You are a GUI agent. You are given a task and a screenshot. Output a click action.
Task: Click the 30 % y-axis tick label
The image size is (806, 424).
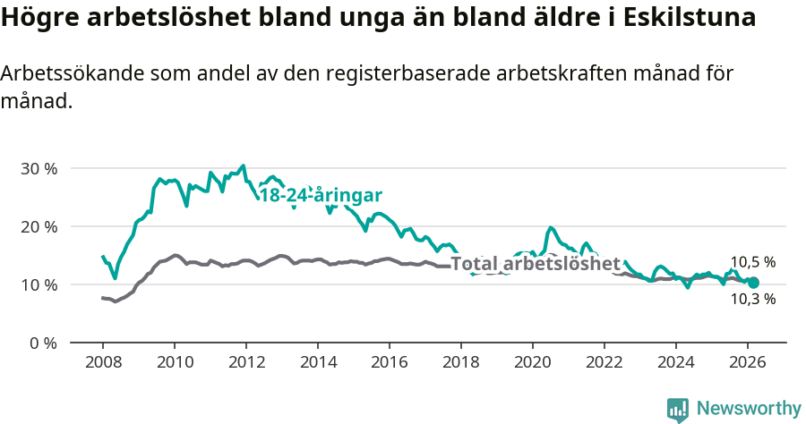click(x=38, y=168)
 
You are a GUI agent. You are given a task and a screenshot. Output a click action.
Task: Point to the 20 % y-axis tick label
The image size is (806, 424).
click(x=38, y=226)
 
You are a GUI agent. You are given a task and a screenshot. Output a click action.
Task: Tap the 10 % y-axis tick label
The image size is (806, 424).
click(x=38, y=284)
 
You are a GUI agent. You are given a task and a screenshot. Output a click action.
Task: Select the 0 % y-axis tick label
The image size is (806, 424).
click(x=42, y=343)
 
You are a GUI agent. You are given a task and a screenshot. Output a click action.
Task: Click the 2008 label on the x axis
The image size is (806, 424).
click(x=102, y=362)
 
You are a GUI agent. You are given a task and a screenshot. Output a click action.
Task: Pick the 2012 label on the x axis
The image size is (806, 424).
click(x=245, y=362)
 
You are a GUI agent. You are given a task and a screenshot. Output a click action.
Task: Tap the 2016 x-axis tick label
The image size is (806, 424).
click(x=389, y=362)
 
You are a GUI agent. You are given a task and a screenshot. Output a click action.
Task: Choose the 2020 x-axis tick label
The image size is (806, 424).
click(x=532, y=362)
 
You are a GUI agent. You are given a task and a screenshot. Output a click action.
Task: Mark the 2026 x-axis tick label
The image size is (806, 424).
click(x=747, y=362)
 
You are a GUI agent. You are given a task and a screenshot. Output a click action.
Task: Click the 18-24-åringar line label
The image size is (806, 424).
click(x=322, y=196)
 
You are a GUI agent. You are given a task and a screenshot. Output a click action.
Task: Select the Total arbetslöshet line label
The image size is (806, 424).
click(x=536, y=263)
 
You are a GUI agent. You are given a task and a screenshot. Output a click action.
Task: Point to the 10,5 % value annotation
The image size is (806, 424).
click(x=752, y=262)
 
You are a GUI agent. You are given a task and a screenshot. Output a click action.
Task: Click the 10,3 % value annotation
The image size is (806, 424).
click(x=752, y=299)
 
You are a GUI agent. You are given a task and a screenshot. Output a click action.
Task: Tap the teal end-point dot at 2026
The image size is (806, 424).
click(x=753, y=283)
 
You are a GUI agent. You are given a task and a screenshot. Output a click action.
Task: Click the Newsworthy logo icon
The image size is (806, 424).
click(x=678, y=410)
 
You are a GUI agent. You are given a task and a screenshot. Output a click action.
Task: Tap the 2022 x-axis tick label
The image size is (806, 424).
click(x=604, y=362)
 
